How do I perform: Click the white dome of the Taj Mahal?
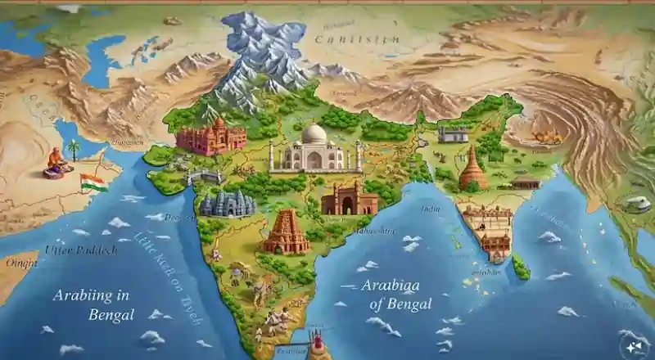314,135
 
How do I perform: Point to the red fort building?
210,137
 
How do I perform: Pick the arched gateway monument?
349,200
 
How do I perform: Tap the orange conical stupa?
472,170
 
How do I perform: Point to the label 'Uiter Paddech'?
81,250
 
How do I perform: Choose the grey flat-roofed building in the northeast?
453,133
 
